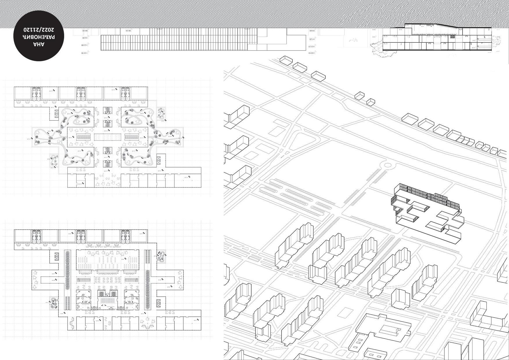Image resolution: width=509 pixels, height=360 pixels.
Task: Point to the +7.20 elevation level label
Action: tap(312, 39)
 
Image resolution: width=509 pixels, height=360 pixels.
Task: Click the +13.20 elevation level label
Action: tap(312, 46)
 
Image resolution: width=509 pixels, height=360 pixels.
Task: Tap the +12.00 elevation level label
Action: tap(84, 45)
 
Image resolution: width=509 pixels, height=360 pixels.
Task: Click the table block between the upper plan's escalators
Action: tap(108, 136)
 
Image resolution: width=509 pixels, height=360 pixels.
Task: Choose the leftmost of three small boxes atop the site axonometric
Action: tap(286, 61)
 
